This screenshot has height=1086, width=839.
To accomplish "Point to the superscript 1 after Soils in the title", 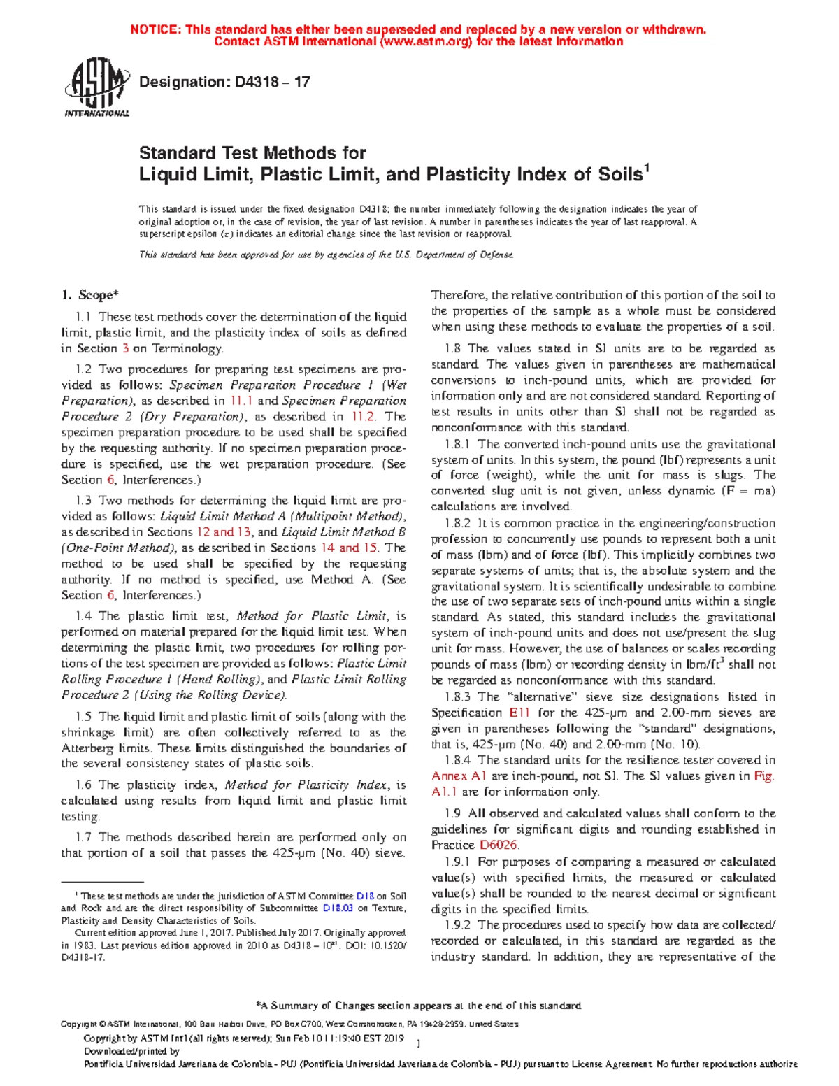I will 647,169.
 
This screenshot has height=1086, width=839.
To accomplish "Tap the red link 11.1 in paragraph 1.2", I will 241,401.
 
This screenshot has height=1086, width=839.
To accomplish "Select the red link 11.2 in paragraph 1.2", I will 363,417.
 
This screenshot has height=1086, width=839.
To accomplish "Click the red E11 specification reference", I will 519,713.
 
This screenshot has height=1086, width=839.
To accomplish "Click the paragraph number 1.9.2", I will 459,925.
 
